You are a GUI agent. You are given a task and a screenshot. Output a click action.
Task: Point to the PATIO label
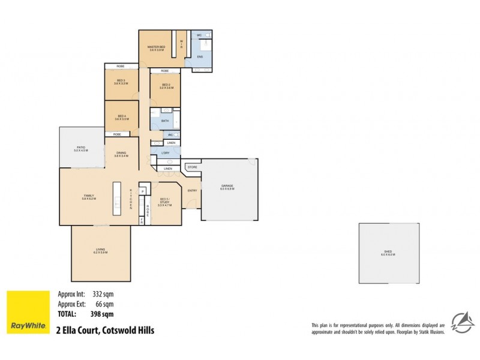(x=80, y=149)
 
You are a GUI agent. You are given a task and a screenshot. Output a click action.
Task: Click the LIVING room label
(x=100, y=251)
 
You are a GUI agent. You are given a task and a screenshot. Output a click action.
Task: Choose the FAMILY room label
(x=89, y=196)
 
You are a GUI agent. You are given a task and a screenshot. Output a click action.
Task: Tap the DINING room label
(x=121, y=154)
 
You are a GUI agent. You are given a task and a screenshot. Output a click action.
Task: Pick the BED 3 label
(x=121, y=82)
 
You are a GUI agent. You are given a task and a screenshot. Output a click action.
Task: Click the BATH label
(x=165, y=121)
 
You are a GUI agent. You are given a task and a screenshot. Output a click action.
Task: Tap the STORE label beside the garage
(x=193, y=167)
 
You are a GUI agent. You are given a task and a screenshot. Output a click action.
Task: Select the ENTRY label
(x=192, y=191)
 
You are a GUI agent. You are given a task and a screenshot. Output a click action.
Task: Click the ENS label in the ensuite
(x=200, y=57)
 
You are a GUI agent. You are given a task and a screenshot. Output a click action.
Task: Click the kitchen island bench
(x=116, y=199)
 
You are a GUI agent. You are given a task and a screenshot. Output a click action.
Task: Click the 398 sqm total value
(x=103, y=313)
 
